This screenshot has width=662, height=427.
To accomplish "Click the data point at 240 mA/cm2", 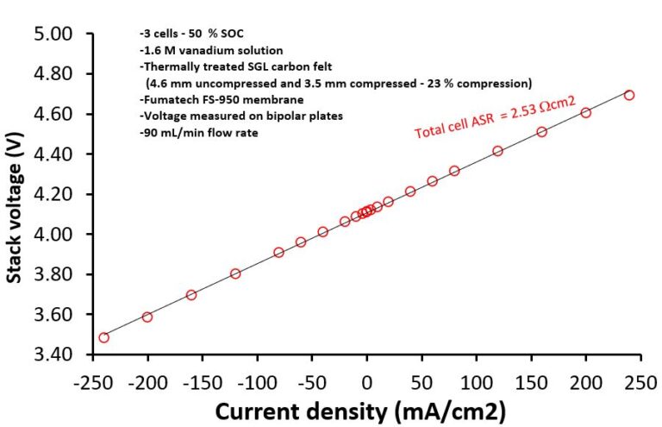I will click(x=629, y=95).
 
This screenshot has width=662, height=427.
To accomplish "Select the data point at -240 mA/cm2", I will click(x=104, y=337).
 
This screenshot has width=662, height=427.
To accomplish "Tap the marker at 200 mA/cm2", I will click(x=586, y=113).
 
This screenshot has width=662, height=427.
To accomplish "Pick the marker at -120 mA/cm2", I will click(x=235, y=273).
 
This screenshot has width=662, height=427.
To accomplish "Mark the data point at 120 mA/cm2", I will click(x=498, y=151).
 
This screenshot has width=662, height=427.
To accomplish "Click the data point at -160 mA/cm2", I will click(x=191, y=295).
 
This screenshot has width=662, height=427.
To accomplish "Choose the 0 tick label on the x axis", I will click(x=367, y=380).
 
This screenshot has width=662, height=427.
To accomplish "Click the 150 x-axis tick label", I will click(x=531, y=380).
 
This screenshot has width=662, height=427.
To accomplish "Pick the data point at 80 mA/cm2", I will click(x=454, y=171).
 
